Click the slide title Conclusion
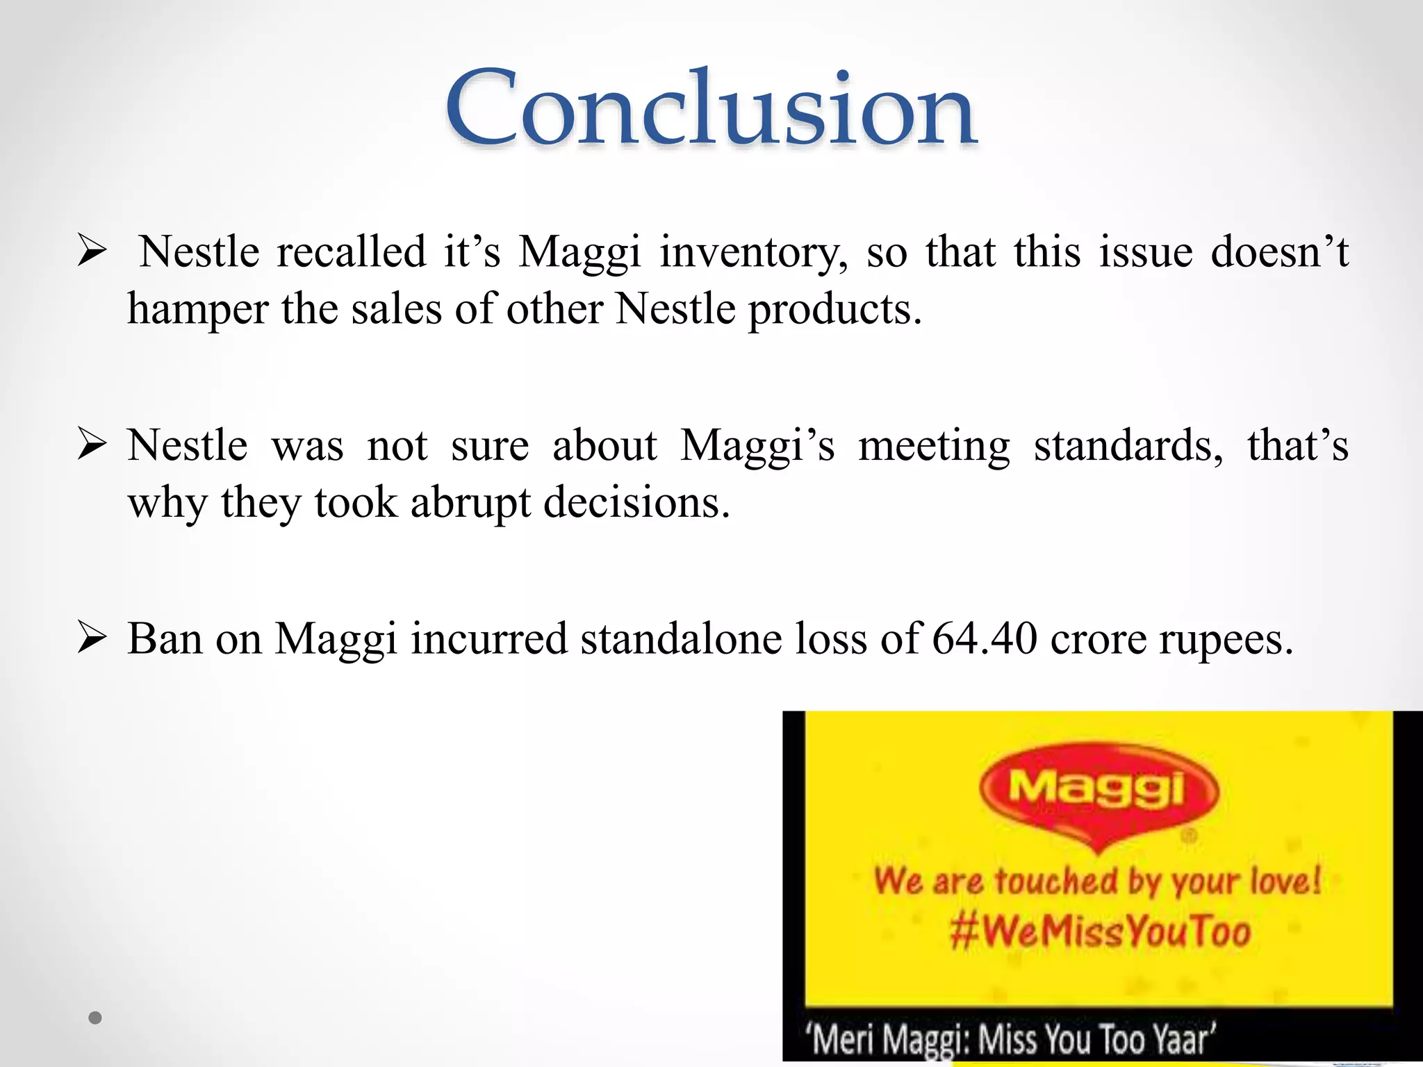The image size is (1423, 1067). click(711, 108)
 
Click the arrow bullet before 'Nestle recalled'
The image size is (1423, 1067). click(92, 251)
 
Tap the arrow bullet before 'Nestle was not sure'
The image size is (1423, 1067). click(92, 445)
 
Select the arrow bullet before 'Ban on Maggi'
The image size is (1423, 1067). click(92, 638)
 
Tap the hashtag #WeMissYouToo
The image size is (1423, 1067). click(1100, 931)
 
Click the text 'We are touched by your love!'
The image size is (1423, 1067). click(1098, 881)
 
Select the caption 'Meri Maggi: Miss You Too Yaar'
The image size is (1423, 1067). click(1011, 1039)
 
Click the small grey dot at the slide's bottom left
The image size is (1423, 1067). click(95, 1018)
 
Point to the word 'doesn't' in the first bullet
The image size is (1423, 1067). click(1278, 251)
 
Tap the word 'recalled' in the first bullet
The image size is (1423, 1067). click(351, 251)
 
